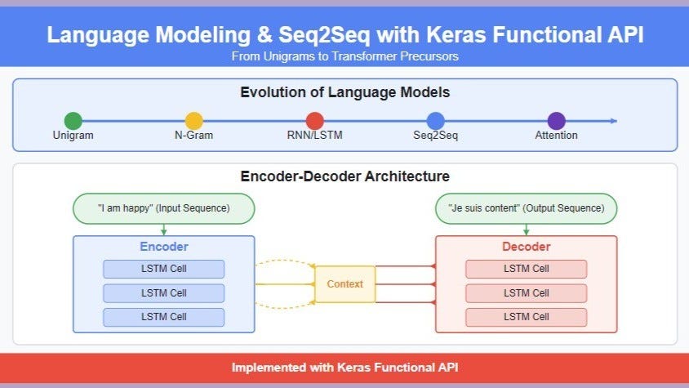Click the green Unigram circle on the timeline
(x=73, y=121)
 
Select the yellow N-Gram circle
(x=193, y=121)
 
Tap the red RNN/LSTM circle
(x=315, y=121)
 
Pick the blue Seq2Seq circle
(x=435, y=121)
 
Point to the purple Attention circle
(x=556, y=121)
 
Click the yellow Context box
(x=344, y=284)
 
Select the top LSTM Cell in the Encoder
(x=163, y=270)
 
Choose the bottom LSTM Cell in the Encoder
(x=163, y=317)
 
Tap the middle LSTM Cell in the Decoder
(x=526, y=293)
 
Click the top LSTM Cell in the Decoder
(x=526, y=270)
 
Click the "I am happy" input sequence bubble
(x=163, y=208)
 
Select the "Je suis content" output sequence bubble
(x=526, y=208)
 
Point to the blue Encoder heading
(x=163, y=247)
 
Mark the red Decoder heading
(x=526, y=247)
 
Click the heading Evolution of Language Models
(x=344, y=92)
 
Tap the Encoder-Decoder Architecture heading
(x=344, y=176)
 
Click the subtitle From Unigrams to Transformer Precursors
(x=344, y=56)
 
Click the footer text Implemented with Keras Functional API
(x=344, y=368)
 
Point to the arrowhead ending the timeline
(x=614, y=121)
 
